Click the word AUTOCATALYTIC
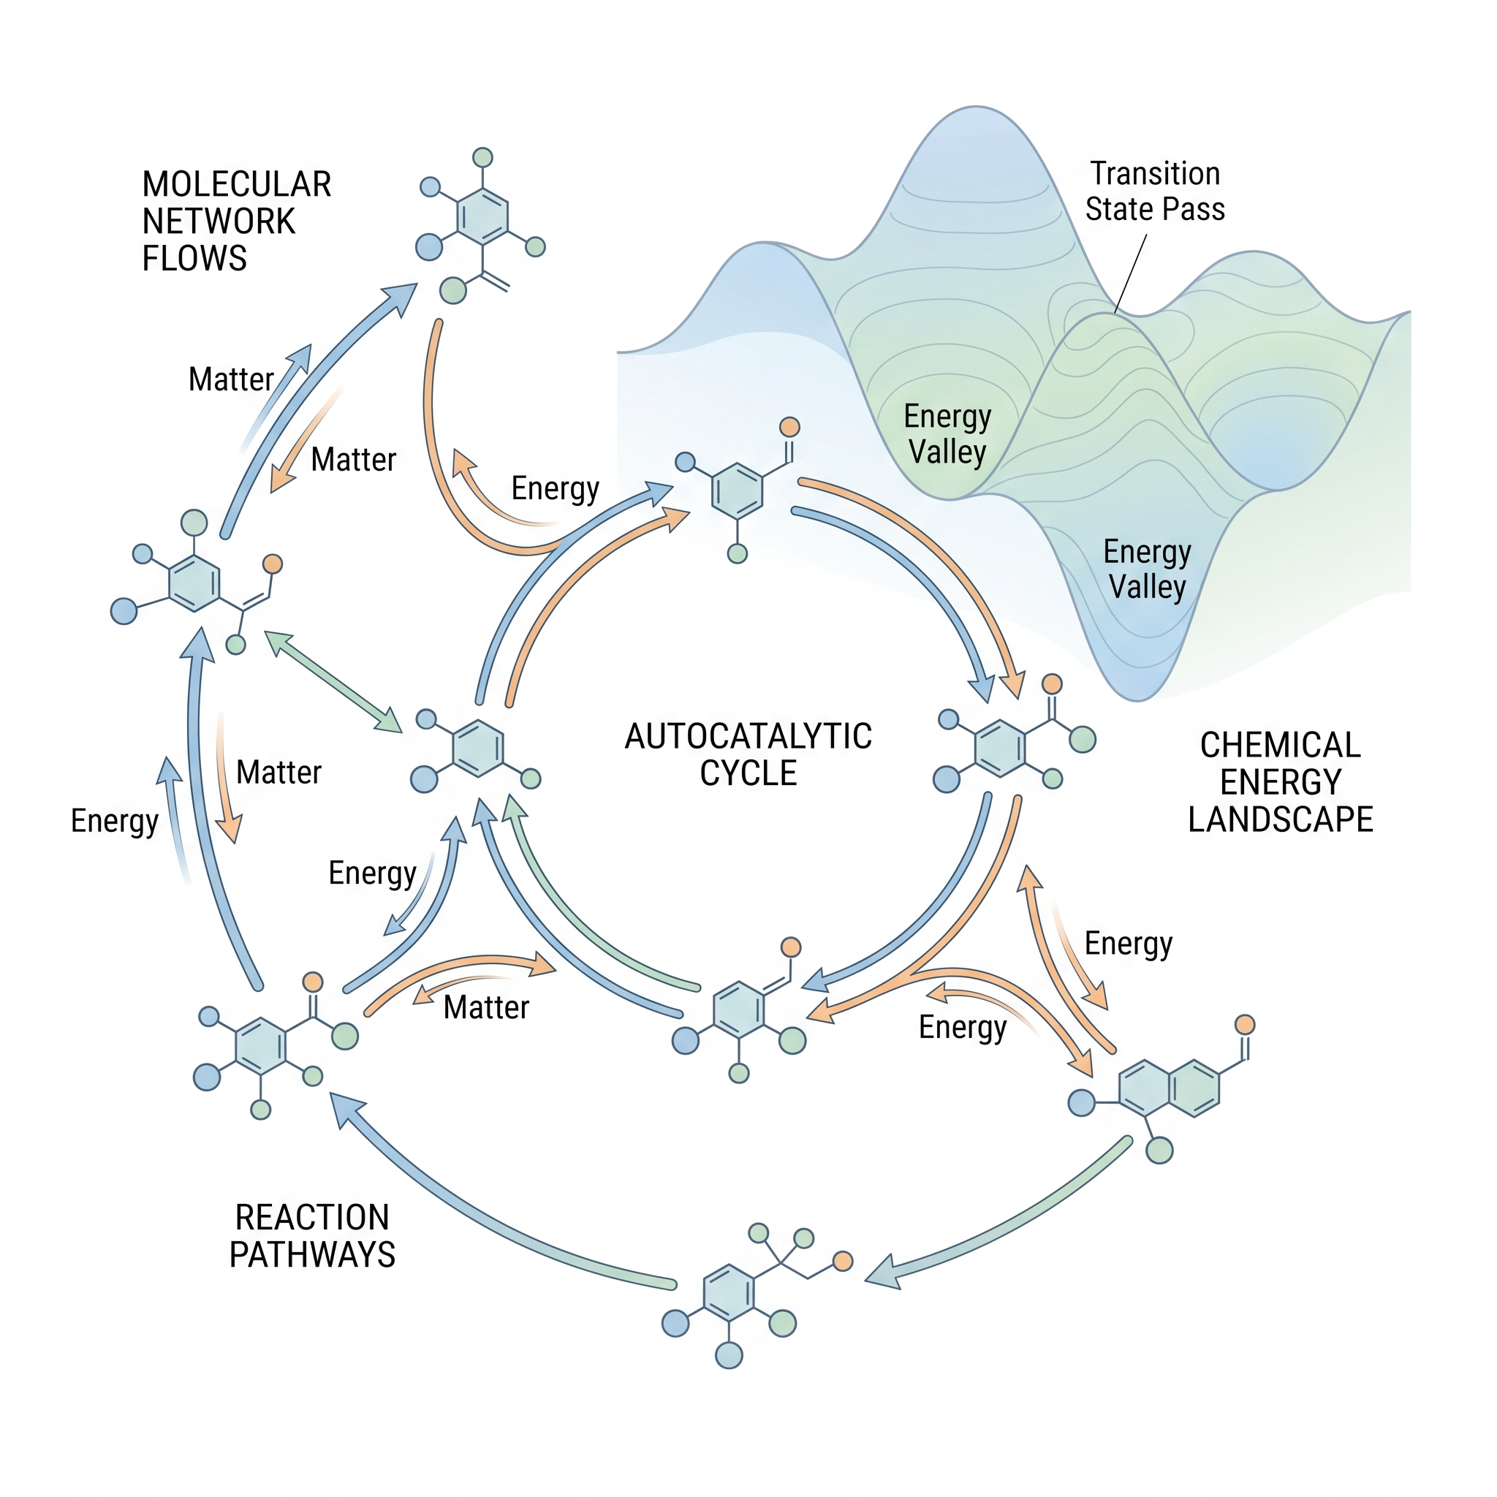tap(748, 736)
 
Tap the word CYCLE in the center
tap(748, 773)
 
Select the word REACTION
tap(312, 1217)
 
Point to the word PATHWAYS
tap(312, 1254)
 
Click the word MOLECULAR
tap(236, 184)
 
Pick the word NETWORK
tap(219, 221)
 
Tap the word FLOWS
tap(194, 258)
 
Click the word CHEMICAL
tap(1280, 746)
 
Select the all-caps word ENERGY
tap(1280, 783)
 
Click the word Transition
tap(1156, 173)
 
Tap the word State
tap(1120, 209)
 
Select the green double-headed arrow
tap(333, 681)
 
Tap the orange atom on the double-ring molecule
tap(1244, 1024)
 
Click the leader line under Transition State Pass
tap(1131, 274)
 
